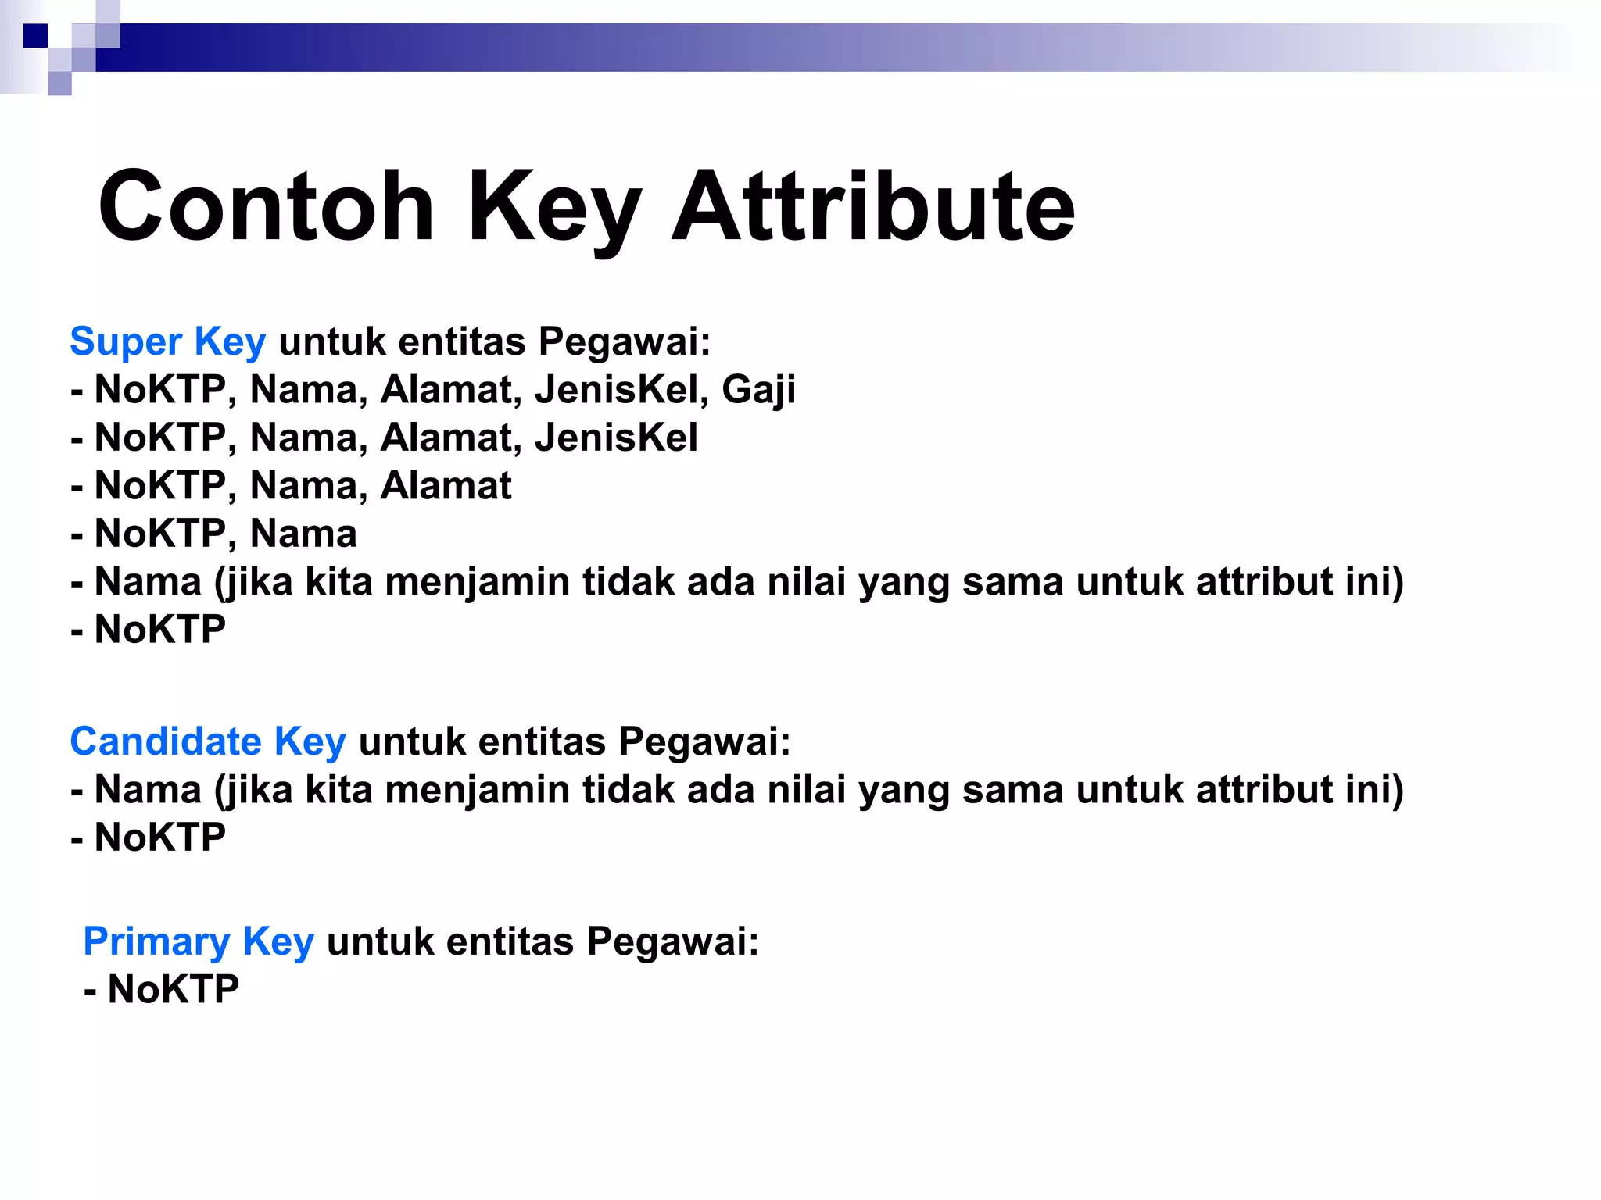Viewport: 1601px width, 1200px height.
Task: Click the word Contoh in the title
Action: point(266,207)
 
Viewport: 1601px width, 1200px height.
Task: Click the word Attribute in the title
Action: point(873,207)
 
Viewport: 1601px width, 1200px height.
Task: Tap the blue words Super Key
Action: point(168,341)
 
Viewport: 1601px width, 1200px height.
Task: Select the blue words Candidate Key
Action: point(208,741)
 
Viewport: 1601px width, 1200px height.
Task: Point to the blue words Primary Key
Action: point(199,941)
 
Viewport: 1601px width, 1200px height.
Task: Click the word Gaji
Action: point(758,390)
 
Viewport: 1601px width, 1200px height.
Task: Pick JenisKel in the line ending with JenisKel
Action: point(616,437)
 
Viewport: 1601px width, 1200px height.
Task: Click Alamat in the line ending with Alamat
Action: point(446,485)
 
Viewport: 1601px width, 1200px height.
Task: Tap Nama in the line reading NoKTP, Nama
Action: point(303,534)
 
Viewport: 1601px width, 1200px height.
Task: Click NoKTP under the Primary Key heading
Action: point(173,989)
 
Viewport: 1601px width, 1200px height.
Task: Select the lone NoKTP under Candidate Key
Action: point(159,837)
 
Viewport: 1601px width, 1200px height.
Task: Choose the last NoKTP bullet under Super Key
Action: point(159,630)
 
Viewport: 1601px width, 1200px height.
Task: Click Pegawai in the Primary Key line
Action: point(672,941)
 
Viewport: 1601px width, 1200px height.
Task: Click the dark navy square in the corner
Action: point(35,36)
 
